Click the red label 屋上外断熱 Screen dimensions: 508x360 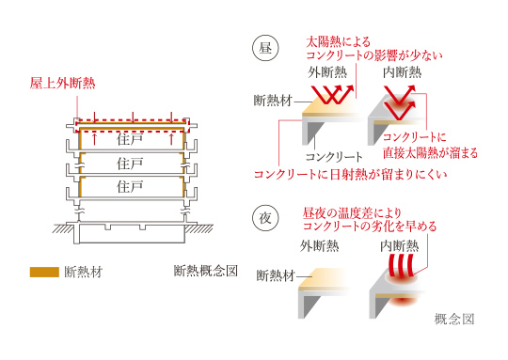pyautogui.click(x=62, y=84)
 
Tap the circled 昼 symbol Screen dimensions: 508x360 pyautogui.click(x=265, y=49)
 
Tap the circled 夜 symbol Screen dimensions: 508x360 pyautogui.click(x=265, y=218)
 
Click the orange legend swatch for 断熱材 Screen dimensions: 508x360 pyautogui.click(x=44, y=272)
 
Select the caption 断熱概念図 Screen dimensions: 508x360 pyautogui.click(x=206, y=271)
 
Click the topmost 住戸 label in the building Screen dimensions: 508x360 pyautogui.click(x=130, y=139)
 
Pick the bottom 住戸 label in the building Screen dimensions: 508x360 pyautogui.click(x=130, y=186)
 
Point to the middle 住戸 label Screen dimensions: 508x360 pyautogui.click(x=130, y=164)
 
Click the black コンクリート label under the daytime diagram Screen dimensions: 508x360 pyautogui.click(x=334, y=157)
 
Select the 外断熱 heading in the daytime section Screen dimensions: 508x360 pyautogui.click(x=327, y=72)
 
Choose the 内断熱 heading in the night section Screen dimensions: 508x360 pyautogui.click(x=400, y=246)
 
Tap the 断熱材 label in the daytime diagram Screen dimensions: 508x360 pyautogui.click(x=273, y=101)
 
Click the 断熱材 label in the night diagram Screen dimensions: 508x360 pyautogui.click(x=276, y=275)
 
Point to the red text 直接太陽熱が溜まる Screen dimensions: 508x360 pyautogui.click(x=430, y=153)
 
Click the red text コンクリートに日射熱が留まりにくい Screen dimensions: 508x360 pyautogui.click(x=351, y=175)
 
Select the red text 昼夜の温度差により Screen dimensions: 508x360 pyautogui.click(x=352, y=213)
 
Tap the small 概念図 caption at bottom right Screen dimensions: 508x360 pyautogui.click(x=454, y=320)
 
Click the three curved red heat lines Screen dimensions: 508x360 pyautogui.click(x=402, y=265)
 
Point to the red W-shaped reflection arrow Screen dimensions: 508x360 pyautogui.click(x=332, y=95)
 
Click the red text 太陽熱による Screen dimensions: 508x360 pyautogui.click(x=338, y=41)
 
